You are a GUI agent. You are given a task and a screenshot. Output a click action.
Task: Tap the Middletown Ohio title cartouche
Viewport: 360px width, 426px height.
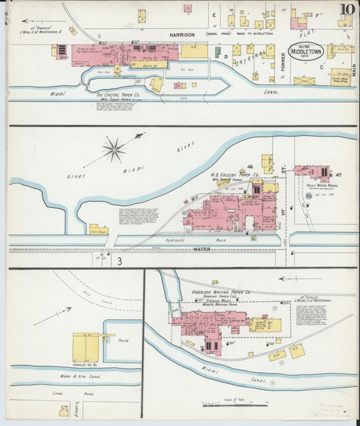pyautogui.click(x=306, y=51)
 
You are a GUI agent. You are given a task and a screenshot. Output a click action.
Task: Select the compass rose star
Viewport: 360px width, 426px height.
pyautogui.click(x=114, y=149)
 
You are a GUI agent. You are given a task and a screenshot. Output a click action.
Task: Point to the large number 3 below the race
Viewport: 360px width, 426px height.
pyautogui.click(x=119, y=261)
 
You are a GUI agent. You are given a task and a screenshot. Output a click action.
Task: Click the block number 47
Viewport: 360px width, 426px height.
pyautogui.click(x=338, y=175)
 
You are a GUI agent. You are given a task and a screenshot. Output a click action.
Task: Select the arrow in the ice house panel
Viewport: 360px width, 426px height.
pyautogui.click(x=61, y=315)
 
